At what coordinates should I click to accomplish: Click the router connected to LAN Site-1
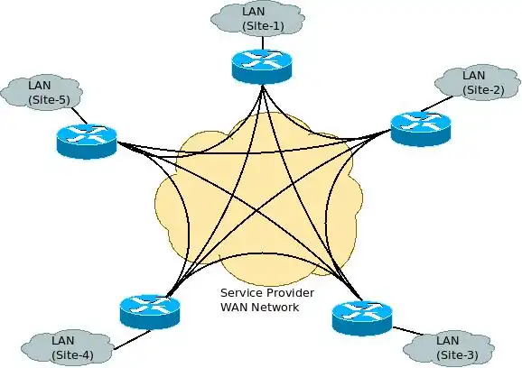pos(262,66)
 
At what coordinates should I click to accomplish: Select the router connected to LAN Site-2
pos(421,129)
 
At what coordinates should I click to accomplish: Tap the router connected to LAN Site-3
pos(362,317)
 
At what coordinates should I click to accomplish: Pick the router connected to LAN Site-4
pos(150,311)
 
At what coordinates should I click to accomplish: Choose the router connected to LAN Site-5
pos(87,141)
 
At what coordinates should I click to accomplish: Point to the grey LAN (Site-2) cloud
pos(478,82)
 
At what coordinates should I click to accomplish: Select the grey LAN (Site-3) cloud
pos(449,348)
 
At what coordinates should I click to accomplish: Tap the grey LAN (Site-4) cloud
pos(67,347)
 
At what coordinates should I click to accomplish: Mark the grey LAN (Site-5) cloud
pos(42,92)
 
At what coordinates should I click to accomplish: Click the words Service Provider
pos(267,293)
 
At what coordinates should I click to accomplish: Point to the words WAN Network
pos(260,307)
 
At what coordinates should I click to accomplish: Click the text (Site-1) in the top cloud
pos(263,26)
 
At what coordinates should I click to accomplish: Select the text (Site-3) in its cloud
pos(457,355)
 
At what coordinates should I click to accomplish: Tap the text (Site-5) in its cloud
pos(50,100)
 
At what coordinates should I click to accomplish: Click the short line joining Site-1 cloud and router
pos(263,43)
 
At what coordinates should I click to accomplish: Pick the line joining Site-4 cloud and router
pos(132,340)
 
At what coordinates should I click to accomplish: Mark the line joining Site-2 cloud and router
pos(437,104)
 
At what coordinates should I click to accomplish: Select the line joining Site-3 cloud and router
pos(408,331)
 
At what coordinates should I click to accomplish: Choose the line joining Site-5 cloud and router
pos(79,115)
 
